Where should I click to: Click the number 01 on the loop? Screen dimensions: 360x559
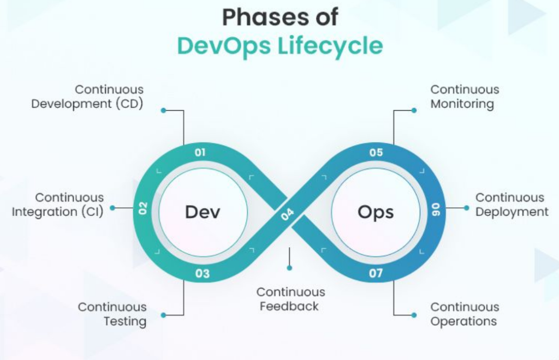click(x=200, y=152)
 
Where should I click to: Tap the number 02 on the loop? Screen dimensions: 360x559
click(x=143, y=208)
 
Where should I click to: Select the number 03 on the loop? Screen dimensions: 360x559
click(x=203, y=273)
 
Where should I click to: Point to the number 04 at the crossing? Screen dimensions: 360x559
click(x=288, y=213)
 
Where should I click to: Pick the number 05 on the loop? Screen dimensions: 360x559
click(x=376, y=152)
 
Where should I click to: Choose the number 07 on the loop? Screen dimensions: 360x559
click(x=376, y=273)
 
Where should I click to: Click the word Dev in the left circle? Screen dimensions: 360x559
click(x=203, y=212)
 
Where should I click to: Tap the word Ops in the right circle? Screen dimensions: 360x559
click(x=376, y=212)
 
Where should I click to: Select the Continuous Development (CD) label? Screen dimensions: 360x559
click(x=87, y=97)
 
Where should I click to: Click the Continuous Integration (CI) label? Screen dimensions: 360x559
click(x=58, y=205)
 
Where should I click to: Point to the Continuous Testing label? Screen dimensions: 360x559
click(x=112, y=314)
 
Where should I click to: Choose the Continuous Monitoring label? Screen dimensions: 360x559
click(x=465, y=97)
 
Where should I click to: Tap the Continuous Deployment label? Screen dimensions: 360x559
click(x=512, y=205)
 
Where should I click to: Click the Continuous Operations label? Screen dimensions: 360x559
click(x=465, y=314)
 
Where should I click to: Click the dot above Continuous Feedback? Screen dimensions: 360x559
click(x=289, y=268)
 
